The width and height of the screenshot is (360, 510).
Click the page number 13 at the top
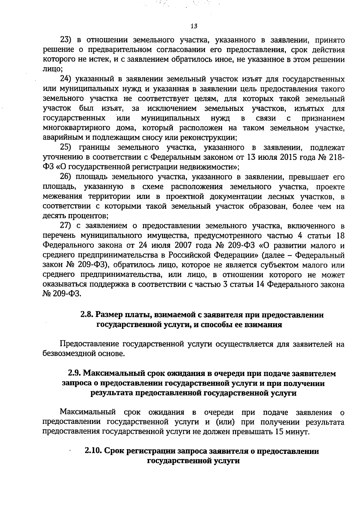click(x=194, y=26)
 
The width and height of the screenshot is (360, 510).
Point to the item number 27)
click(x=66, y=225)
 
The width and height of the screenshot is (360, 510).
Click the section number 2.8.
click(x=87, y=315)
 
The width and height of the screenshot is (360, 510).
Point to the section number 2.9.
click(x=74, y=373)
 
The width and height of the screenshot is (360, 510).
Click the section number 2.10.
click(x=94, y=451)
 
